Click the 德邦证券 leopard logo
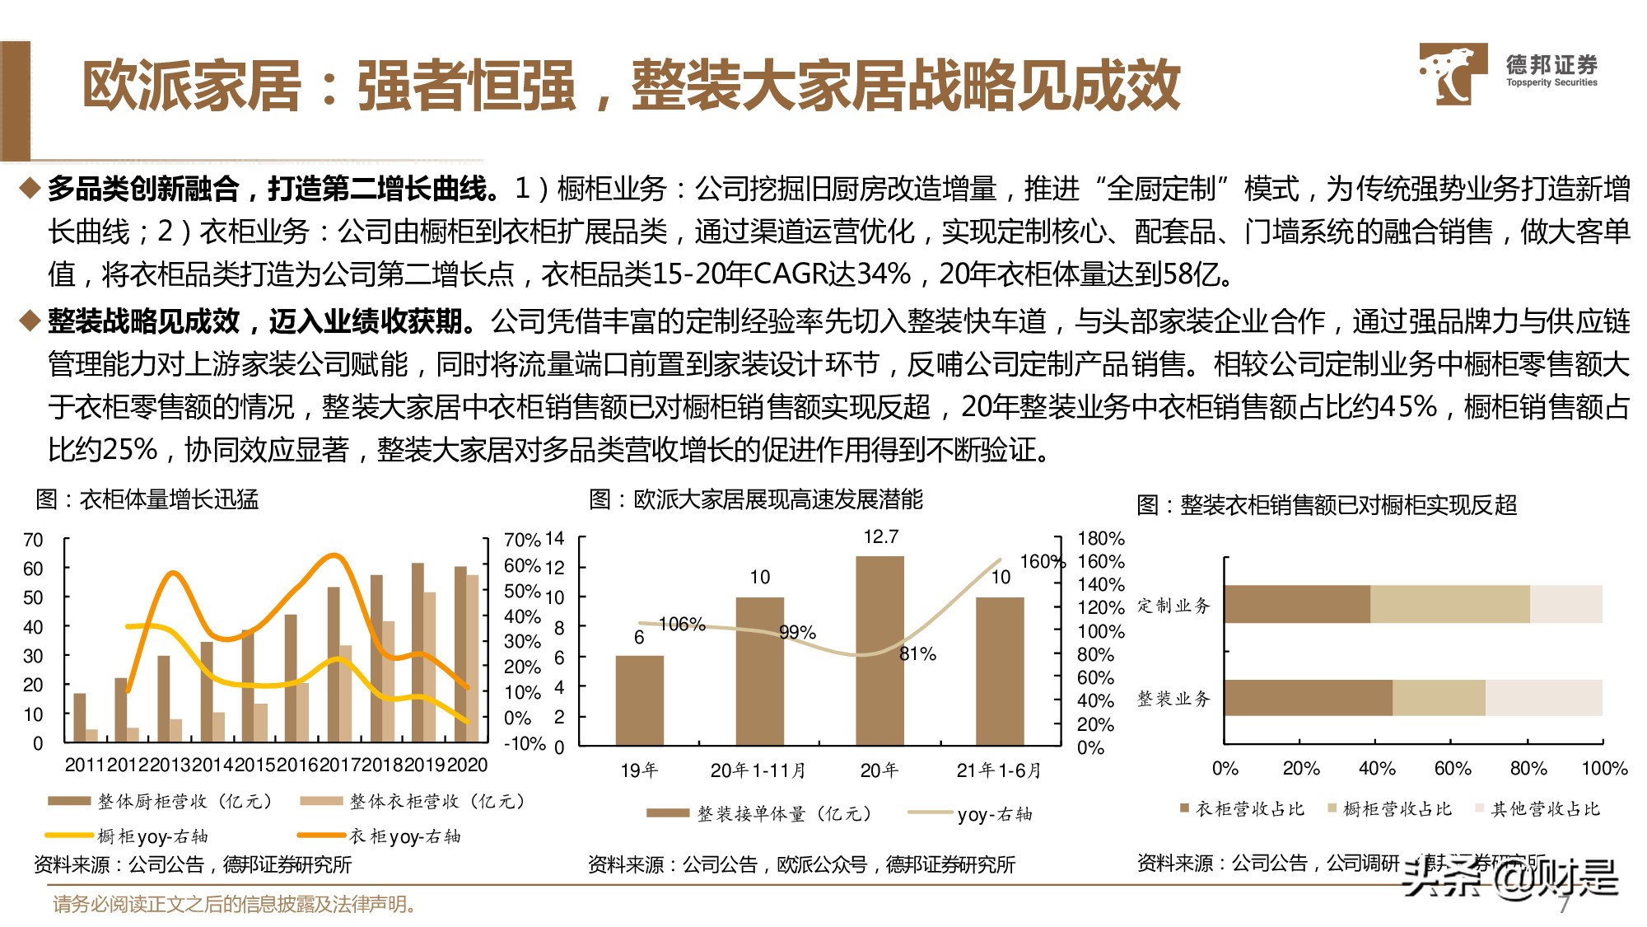point(1453,74)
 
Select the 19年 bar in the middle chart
point(639,700)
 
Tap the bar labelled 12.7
point(879,651)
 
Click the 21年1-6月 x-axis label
point(998,770)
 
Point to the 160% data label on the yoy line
point(1042,562)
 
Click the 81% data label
point(917,654)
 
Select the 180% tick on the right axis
point(1100,539)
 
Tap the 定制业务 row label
point(1173,606)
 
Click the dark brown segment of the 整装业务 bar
point(1308,698)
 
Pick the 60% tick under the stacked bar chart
point(1453,769)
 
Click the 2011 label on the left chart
point(86,765)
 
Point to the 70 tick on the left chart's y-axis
point(33,541)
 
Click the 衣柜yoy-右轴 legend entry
point(404,836)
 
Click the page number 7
point(1564,905)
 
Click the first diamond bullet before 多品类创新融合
point(30,189)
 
